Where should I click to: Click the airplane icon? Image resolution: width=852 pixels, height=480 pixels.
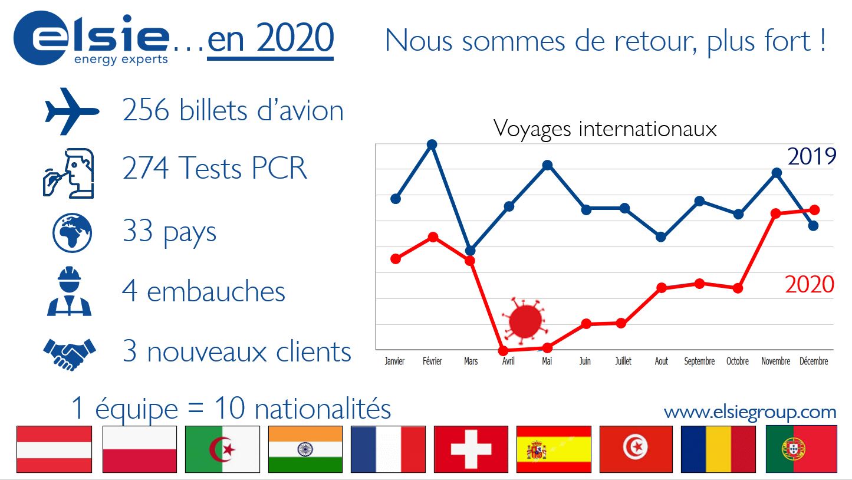71,111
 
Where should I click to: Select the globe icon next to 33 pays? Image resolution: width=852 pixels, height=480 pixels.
72,233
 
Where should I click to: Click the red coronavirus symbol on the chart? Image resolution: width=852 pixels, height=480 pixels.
525,320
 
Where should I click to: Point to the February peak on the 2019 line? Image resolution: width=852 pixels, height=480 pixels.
432,144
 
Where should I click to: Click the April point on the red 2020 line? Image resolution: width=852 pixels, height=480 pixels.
503,350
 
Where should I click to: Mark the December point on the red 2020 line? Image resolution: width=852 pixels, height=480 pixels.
814,209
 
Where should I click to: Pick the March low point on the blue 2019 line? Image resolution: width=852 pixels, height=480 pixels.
470,251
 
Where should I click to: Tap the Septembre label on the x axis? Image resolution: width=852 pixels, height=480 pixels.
699,361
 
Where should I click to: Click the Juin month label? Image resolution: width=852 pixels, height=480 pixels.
585,361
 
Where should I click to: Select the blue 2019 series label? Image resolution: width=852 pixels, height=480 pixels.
812,156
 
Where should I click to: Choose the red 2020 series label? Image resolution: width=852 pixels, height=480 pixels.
810,284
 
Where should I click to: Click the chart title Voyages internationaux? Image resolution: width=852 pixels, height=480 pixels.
605,129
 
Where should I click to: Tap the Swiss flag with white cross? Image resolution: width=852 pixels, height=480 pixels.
471,449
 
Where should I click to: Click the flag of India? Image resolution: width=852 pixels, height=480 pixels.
305,449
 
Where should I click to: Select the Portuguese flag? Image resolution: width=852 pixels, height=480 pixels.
801,449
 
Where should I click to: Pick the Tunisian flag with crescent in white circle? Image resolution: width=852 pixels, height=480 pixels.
636,449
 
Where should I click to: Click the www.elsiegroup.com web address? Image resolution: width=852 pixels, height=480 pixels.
750,412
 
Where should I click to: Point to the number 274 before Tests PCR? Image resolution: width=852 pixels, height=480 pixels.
145,167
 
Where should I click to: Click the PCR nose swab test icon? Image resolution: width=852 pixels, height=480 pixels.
68,173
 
